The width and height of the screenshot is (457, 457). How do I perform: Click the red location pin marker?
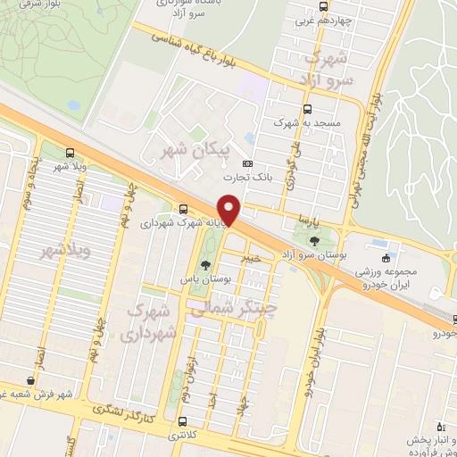click(x=230, y=210)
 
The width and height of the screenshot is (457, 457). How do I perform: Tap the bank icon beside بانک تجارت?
click(x=247, y=163)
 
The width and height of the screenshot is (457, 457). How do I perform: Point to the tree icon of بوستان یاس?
click(x=206, y=265)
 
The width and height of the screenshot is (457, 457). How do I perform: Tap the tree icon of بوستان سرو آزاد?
click(x=313, y=240)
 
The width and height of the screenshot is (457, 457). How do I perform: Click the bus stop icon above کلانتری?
click(x=183, y=421)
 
